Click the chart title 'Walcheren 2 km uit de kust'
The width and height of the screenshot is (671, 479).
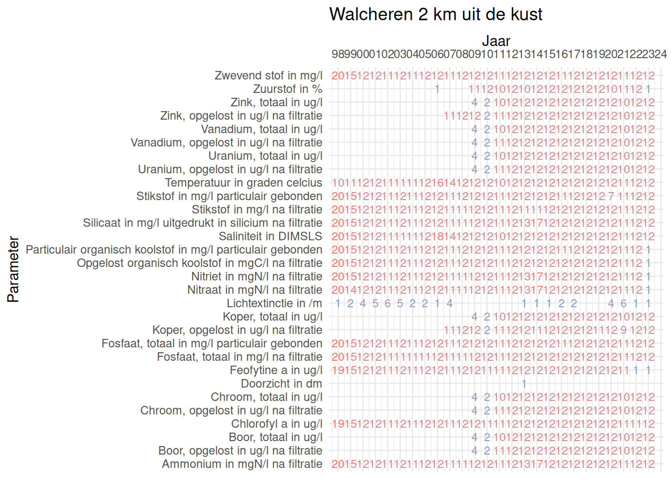click(x=435, y=14)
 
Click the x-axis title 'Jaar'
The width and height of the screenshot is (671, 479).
click(x=496, y=41)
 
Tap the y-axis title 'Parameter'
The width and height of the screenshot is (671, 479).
click(x=13, y=269)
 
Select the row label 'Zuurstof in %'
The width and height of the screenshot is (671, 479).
click(x=288, y=89)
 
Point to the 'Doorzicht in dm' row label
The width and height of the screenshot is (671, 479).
click(x=282, y=384)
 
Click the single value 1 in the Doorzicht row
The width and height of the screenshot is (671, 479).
click(x=524, y=384)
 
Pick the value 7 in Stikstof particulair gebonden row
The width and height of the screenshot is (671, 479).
click(x=611, y=196)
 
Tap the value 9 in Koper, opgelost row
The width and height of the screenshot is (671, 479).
click(x=624, y=330)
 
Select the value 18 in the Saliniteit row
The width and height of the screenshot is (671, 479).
click(x=437, y=237)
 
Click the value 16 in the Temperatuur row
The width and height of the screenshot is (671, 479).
click(x=437, y=183)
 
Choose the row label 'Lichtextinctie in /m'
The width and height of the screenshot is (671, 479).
click(x=274, y=303)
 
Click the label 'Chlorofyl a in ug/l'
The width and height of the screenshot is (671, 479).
click(x=277, y=424)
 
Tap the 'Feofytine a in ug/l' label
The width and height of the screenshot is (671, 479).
click(x=276, y=370)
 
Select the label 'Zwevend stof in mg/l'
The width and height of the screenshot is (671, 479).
click(x=269, y=76)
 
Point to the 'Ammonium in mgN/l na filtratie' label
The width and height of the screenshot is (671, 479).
click(x=242, y=464)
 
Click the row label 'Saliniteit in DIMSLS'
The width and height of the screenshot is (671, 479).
click(x=271, y=237)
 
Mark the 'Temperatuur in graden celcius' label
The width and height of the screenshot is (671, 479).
click(x=244, y=183)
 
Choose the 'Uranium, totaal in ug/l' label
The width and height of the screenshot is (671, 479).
click(x=266, y=156)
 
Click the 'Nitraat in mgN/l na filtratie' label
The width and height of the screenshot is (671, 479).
click(x=255, y=290)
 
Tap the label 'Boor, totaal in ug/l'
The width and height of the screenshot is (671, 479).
click(x=276, y=438)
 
